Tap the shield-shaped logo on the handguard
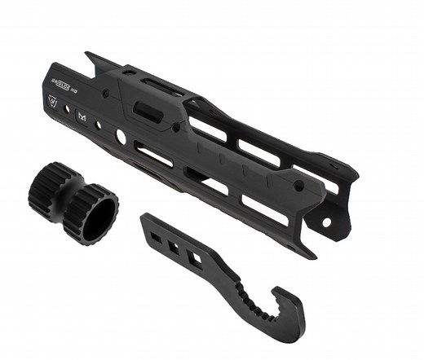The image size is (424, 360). point(55,104)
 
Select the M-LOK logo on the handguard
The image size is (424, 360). point(82,116)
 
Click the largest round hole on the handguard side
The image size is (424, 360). point(121,137)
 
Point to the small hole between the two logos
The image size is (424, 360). point(68,109)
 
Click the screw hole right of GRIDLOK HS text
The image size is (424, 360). point(104,95)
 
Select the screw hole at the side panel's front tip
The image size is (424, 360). point(298,187)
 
